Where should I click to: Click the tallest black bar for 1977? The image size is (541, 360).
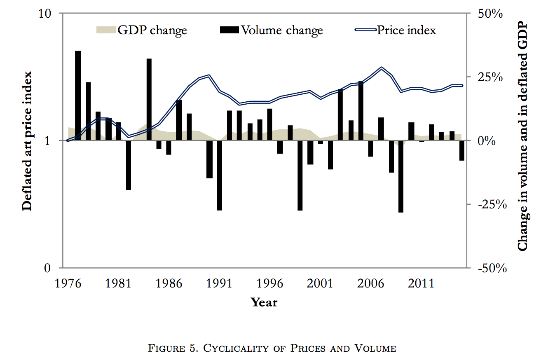78,96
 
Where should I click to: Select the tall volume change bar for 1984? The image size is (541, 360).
149,100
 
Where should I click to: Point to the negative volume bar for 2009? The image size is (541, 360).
401,176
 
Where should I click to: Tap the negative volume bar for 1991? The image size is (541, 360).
220,175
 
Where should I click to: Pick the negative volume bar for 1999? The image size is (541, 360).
300,175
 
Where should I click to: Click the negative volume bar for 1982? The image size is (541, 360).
129,165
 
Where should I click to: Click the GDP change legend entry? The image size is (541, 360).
141,30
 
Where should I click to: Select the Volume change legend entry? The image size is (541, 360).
272,30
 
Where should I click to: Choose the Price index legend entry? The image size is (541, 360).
396,30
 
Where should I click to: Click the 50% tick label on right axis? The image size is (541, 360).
491,14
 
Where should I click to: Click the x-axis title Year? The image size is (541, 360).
264,302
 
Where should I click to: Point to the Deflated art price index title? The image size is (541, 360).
27,140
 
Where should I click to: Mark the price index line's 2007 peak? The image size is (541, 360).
382,68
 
